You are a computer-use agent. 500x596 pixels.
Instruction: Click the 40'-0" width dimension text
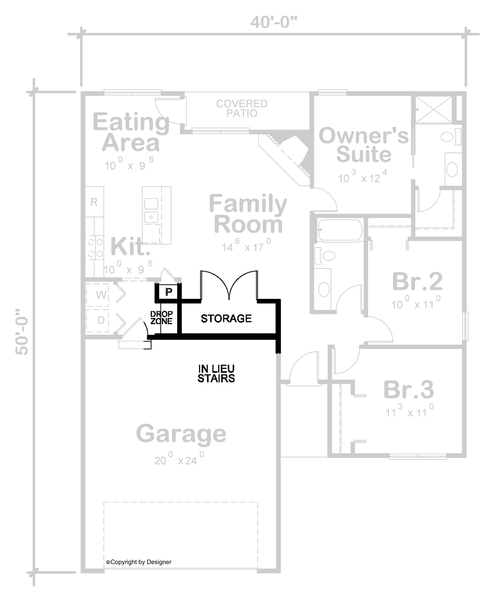pos(273,22)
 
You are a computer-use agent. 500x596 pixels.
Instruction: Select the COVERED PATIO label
pos(241,108)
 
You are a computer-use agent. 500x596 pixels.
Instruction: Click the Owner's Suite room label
pos(363,145)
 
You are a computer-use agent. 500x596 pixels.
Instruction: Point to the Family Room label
pos(248,214)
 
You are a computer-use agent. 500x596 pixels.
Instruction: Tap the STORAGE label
pos(226,318)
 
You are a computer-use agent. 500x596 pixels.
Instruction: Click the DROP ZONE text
pos(161,318)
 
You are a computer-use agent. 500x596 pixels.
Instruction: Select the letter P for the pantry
pos(169,291)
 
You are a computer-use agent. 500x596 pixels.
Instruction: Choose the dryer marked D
pos(101,320)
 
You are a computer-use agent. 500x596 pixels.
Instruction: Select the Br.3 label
pos(408,389)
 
